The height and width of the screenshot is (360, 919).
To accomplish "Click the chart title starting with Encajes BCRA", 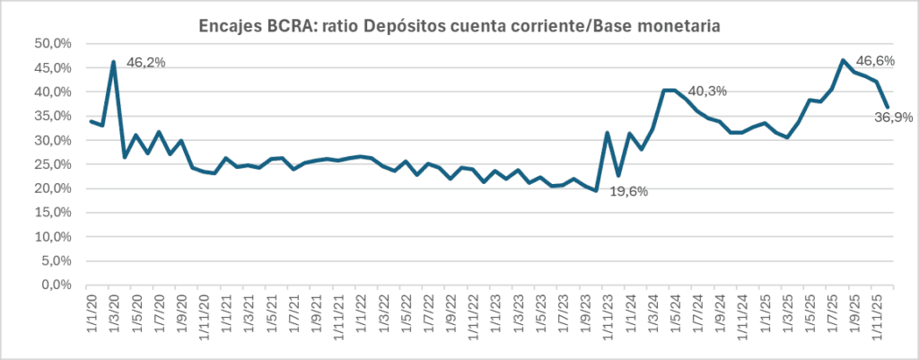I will pyautogui.click(x=459, y=28).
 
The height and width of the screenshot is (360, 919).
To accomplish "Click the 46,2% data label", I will pyautogui.click(x=147, y=63).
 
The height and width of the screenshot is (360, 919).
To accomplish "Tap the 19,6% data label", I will pyautogui.click(x=628, y=190).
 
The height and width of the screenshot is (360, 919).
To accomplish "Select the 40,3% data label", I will pyautogui.click(x=707, y=92).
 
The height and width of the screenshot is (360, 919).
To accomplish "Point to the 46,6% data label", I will pyautogui.click(x=876, y=62).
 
